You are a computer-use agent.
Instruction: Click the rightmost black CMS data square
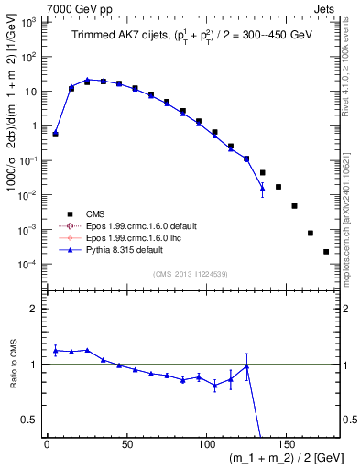click(x=327, y=251)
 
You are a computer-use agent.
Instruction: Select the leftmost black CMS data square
click(x=55, y=134)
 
